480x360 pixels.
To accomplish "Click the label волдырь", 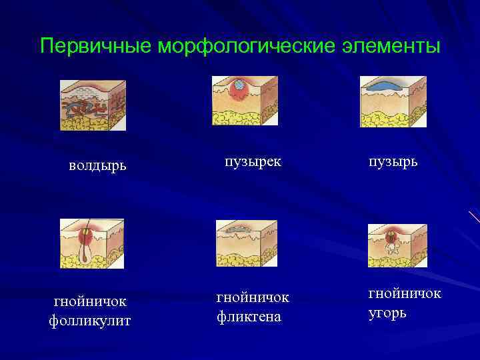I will coord(97,165).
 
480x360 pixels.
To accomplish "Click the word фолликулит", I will coord(90,321).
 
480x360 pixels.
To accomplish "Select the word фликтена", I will coord(249,316).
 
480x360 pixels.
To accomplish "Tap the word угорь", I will coord(387,313).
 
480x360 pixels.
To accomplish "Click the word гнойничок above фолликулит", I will coord(90,302).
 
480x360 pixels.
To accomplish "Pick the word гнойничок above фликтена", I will coord(253,297).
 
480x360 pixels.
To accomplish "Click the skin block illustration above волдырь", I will coord(93,105).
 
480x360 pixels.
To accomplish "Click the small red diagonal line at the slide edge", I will coord(474,217).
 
